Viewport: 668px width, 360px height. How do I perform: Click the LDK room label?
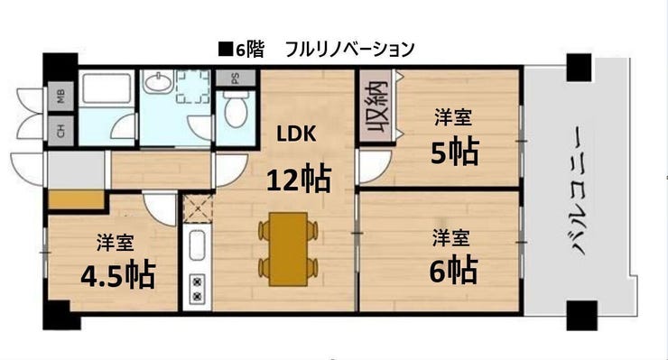point(295,134)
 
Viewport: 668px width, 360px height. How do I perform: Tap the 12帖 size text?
point(297,179)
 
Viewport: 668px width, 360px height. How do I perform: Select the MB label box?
point(61,95)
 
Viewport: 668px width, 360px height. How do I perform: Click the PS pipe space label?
point(235,78)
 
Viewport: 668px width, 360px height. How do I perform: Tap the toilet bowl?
point(237,114)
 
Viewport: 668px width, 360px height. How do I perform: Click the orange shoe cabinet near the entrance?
point(76,199)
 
